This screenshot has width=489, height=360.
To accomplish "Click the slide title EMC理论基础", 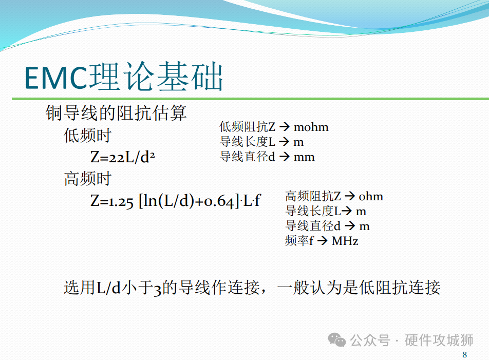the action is click(123, 77).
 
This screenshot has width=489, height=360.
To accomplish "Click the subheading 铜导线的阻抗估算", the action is click(116, 112).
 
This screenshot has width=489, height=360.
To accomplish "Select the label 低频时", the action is click(88, 136).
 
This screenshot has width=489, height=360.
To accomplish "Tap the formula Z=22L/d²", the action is click(123, 157).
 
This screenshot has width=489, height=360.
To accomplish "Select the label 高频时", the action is click(88, 179).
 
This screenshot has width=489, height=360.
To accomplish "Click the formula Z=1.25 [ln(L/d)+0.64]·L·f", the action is click(175, 201).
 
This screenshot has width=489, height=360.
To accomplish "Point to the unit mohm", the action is click(311, 127).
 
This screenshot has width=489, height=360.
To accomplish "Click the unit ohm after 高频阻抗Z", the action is click(371, 196).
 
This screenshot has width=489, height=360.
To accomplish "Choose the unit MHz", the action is click(345, 241).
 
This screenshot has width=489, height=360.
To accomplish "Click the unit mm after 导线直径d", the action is click(304, 157).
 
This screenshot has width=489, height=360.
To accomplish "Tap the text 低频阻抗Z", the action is click(247, 127).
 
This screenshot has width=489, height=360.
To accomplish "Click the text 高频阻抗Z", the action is click(313, 196).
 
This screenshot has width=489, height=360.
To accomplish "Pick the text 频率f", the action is click(299, 241).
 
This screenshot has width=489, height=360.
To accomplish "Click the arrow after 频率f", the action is click(323, 241).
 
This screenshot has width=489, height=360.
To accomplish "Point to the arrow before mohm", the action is click(285, 127).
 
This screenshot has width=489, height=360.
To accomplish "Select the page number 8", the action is click(465, 355).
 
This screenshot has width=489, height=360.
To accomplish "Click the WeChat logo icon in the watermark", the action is click(337, 340).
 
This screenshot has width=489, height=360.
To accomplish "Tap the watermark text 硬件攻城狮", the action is click(439, 340).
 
